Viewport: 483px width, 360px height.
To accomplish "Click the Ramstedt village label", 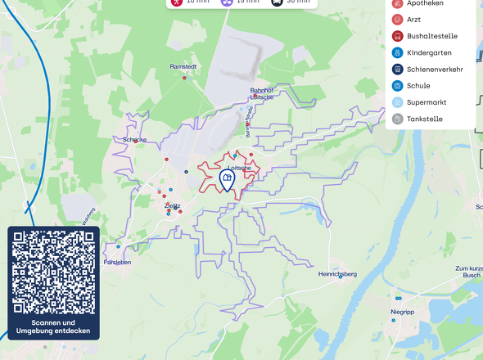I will click(x=183, y=66).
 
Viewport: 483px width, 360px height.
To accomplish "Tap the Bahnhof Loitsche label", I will click(x=261, y=93).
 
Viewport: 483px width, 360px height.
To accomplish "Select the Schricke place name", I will click(x=134, y=140).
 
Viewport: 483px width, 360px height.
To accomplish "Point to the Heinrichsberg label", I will click(x=337, y=274).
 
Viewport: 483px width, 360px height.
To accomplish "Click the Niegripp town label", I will click(x=403, y=312).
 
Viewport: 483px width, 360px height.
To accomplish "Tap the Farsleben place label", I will click(x=117, y=263).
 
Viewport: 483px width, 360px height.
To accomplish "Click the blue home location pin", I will click(x=228, y=179).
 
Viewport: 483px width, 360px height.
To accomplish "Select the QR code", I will click(x=54, y=272).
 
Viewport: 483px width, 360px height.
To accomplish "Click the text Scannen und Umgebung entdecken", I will click(x=54, y=326).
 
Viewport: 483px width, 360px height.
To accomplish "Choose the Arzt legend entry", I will click(x=413, y=19).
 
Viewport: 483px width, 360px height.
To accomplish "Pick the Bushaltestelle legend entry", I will click(x=431, y=36).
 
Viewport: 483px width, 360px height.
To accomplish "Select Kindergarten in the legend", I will click(x=428, y=52).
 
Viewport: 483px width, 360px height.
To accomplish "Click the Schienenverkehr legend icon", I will click(x=398, y=69).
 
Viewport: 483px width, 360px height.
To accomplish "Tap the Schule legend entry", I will click(x=418, y=85).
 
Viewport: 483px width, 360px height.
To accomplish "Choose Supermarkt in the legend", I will click(x=427, y=102).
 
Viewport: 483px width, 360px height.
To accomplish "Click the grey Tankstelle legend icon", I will click(x=398, y=119).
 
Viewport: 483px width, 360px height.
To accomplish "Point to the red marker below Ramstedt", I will click(x=184, y=78).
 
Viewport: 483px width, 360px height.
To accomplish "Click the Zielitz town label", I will click(x=172, y=206).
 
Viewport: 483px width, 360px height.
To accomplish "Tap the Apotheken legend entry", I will click(x=425, y=3).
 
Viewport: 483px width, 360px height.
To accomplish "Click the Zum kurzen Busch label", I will click(x=469, y=272).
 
